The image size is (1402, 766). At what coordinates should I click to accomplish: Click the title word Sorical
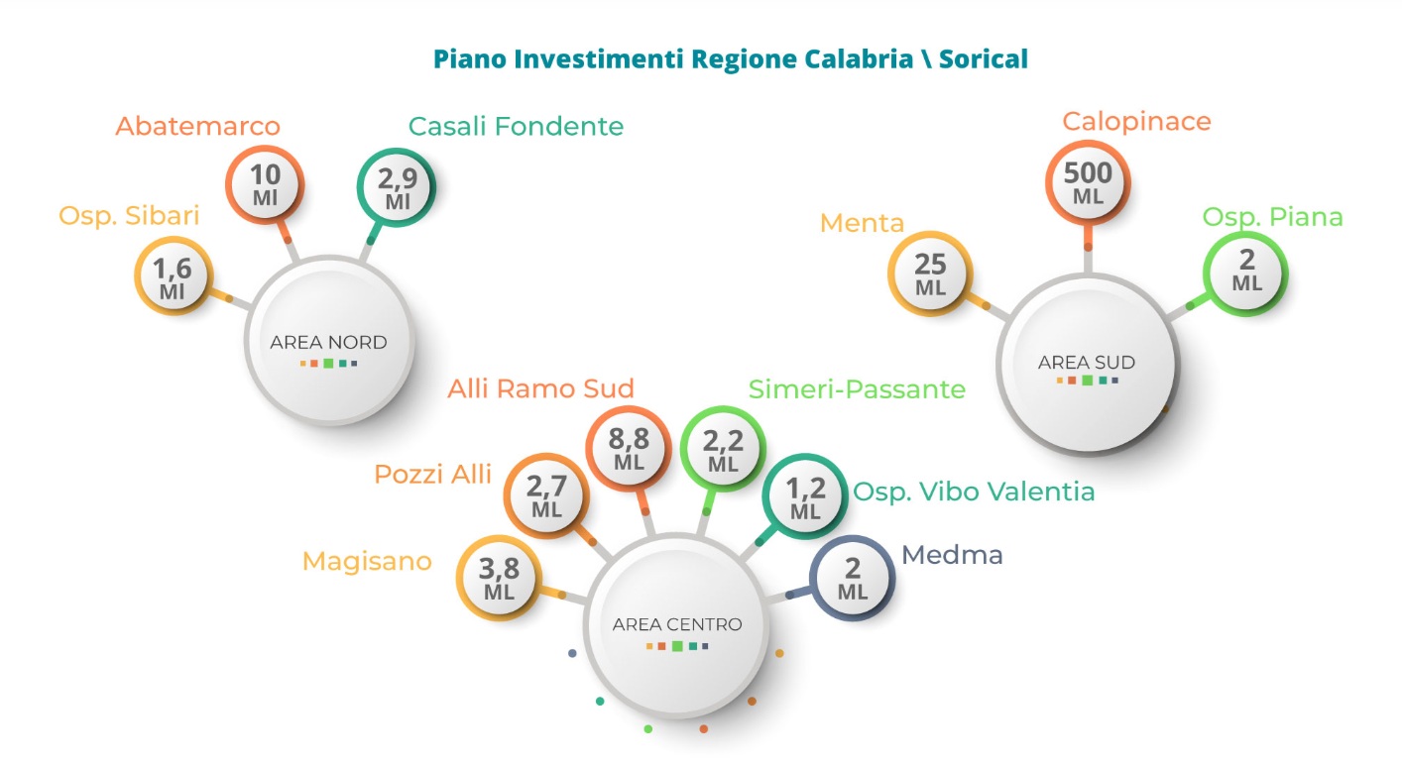[x=984, y=59]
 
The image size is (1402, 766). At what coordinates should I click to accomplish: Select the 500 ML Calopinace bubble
[x=1088, y=182]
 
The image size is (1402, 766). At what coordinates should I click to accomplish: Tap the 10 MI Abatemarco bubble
[x=265, y=184]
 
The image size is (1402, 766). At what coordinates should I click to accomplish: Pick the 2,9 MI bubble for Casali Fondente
[x=397, y=187]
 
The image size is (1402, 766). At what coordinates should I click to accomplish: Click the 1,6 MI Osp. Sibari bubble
[x=174, y=275]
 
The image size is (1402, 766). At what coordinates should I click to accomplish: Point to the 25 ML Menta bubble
[x=930, y=274]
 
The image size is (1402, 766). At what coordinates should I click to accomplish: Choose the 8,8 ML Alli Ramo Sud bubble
[x=629, y=448]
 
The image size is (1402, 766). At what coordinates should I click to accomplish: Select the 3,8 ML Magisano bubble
[x=499, y=577]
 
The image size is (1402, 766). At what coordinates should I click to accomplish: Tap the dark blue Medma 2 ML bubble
[x=852, y=578]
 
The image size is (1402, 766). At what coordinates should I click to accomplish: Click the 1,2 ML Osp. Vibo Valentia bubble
[x=805, y=496]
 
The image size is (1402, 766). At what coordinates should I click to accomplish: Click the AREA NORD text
[x=328, y=342]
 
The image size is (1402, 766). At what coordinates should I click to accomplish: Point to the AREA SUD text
[x=1087, y=362]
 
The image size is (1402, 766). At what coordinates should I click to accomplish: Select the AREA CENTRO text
[x=677, y=624]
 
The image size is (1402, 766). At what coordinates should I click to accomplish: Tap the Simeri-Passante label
[x=857, y=389]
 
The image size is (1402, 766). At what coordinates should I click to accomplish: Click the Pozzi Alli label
[x=432, y=474]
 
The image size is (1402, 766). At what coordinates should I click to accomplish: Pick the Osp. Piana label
[x=1272, y=218]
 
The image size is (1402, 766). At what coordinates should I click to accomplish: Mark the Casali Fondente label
[x=516, y=126]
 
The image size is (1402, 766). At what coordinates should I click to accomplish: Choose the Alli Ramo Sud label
[x=540, y=388]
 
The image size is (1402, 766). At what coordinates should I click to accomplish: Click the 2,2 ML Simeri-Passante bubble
[x=723, y=449]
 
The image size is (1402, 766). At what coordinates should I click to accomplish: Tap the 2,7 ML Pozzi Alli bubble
[x=546, y=495]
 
